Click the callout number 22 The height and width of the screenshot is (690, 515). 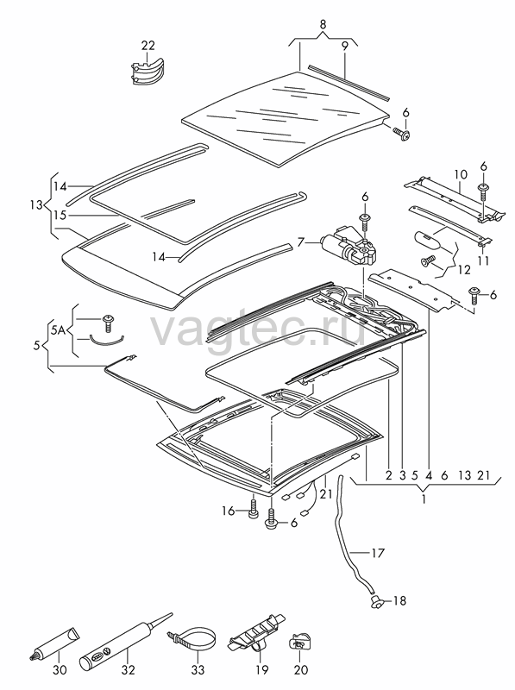(148, 46)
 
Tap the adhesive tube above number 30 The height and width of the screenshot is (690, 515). (57, 643)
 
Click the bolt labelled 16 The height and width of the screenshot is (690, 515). (253, 509)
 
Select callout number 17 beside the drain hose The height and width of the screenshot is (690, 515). (378, 553)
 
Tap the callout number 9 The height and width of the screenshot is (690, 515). (345, 46)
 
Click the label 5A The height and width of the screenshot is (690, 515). (59, 329)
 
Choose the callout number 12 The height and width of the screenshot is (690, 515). (463, 269)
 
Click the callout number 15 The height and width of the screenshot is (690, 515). (60, 215)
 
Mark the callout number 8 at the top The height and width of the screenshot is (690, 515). (323, 25)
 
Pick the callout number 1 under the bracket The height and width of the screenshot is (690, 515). (424, 499)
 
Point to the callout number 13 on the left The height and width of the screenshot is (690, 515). (37, 204)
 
